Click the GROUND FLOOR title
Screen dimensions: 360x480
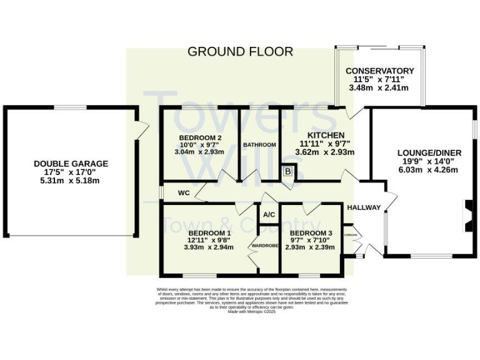click(240, 52)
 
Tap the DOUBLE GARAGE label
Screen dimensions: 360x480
click(71, 164)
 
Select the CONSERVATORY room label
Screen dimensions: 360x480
click(380, 71)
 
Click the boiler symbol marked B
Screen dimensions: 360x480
click(288, 171)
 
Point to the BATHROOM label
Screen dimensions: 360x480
click(259, 145)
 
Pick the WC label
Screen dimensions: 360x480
click(184, 192)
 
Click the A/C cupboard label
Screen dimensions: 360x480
click(269, 215)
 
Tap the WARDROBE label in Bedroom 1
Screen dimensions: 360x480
click(264, 246)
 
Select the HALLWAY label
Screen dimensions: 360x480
click(364, 207)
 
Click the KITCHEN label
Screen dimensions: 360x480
click(325, 135)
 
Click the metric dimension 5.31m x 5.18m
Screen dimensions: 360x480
click(71, 181)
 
